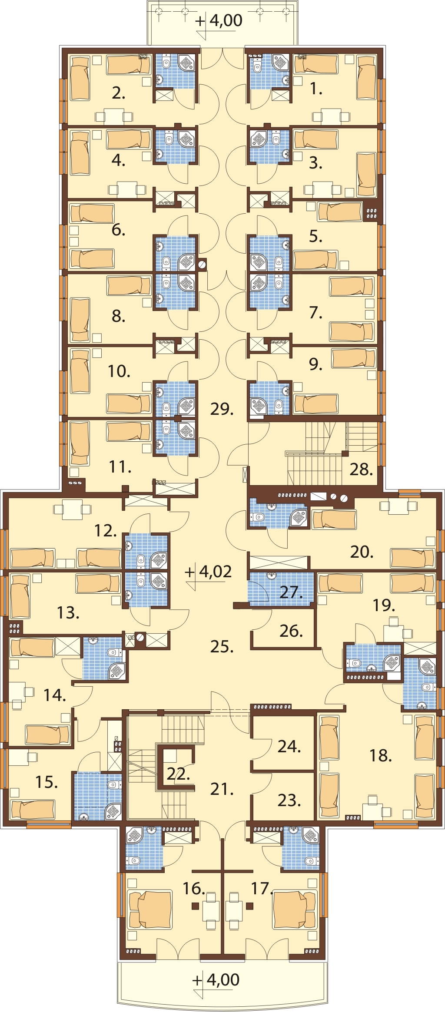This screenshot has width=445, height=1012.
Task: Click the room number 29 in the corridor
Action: tap(222, 409)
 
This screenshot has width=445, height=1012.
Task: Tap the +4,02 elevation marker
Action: tap(209, 572)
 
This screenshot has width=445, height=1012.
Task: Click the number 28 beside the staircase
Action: tap(361, 469)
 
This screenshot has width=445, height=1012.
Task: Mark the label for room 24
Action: tap(289, 746)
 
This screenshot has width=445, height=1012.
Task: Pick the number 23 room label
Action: tap(289, 800)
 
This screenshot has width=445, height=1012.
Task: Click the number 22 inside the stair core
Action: tap(178, 774)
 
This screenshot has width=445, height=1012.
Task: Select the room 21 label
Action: tap(222, 789)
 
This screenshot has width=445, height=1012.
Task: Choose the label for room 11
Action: tap(120, 466)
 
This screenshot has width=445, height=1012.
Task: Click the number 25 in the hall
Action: tap(222, 646)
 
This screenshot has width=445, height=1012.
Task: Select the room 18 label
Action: tap(381, 755)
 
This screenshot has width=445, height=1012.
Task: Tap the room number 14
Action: tap(55, 695)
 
